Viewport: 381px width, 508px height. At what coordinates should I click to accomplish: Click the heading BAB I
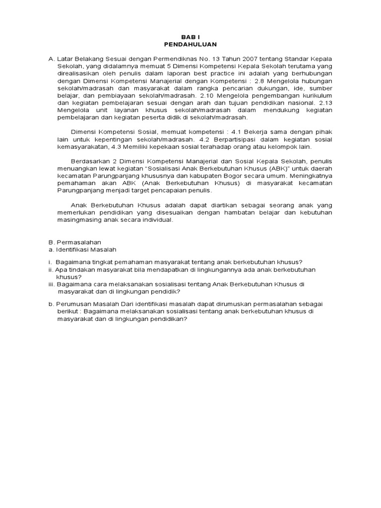point(190,37)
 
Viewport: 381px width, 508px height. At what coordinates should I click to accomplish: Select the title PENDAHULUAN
point(190,44)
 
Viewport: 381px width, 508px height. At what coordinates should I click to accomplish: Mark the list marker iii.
point(51,284)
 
